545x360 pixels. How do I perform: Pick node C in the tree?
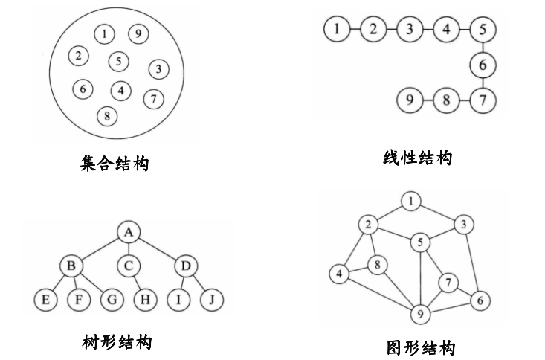click(x=129, y=265)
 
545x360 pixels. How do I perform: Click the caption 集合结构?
click(x=114, y=162)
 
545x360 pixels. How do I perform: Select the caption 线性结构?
click(x=417, y=158)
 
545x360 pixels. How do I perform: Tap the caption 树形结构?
click(x=117, y=342)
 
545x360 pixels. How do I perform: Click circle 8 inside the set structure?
click(x=109, y=115)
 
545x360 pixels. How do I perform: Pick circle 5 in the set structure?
click(x=119, y=61)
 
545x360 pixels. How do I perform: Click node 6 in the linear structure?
click(x=483, y=65)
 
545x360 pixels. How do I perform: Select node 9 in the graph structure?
click(x=421, y=315)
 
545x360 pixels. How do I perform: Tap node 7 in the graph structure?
click(x=448, y=283)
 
